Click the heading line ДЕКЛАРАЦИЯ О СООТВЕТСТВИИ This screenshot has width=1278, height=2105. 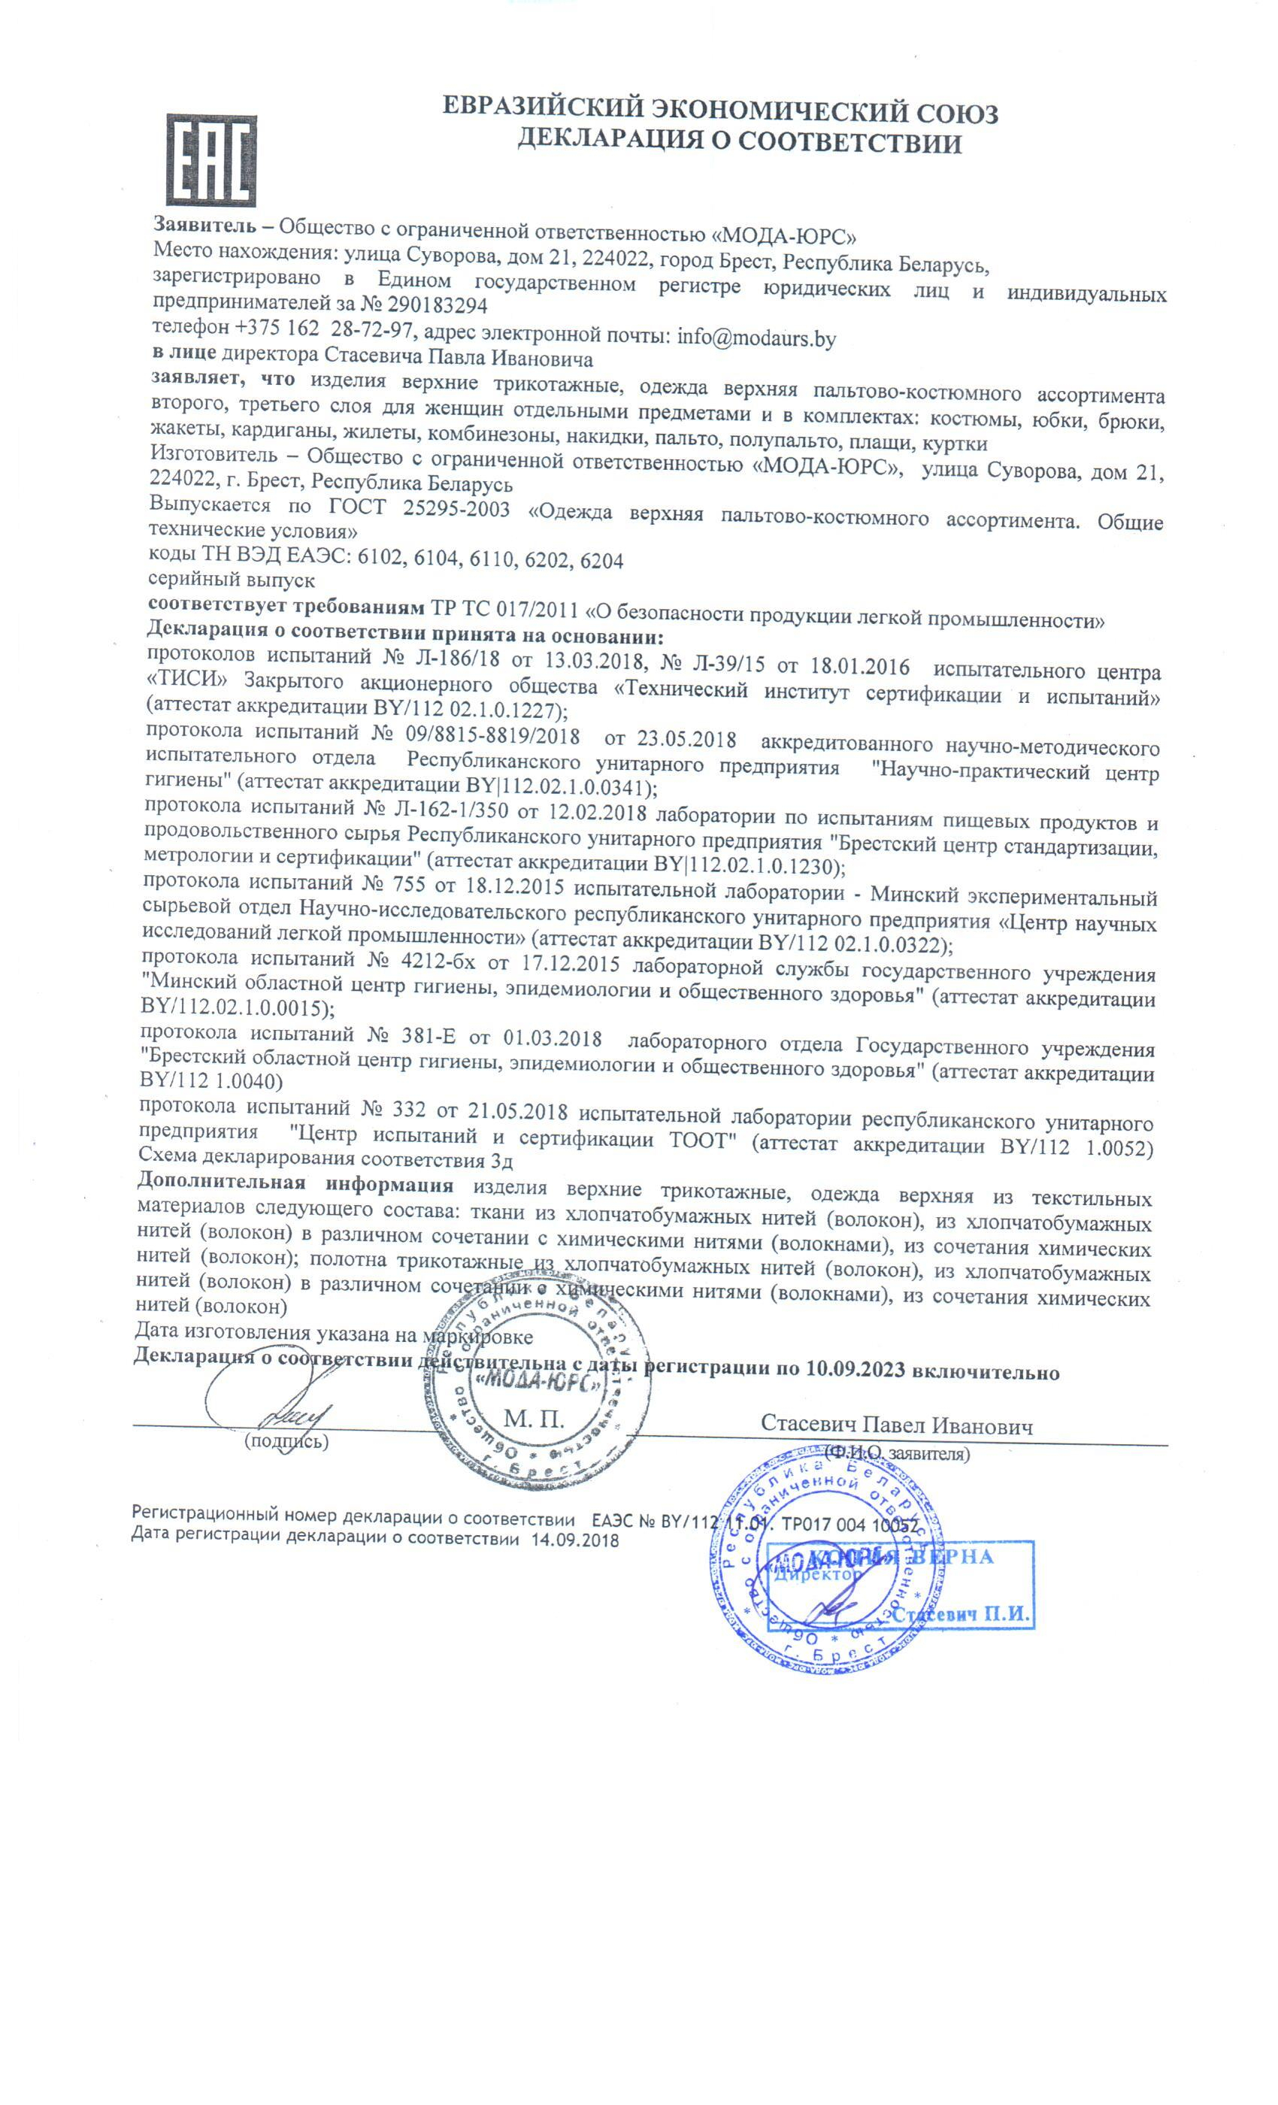[x=740, y=142]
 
